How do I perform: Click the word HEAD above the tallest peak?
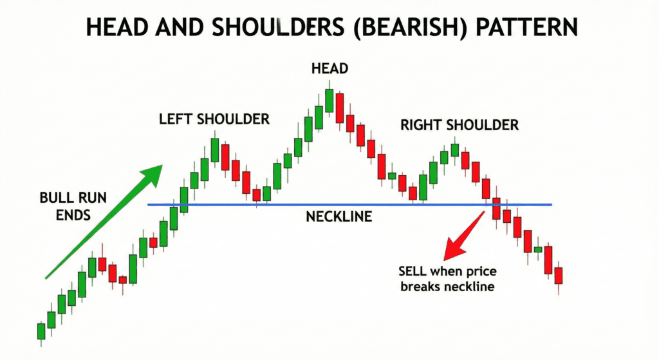[x=329, y=68]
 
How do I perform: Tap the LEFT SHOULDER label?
[x=214, y=119]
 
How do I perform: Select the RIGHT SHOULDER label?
[x=459, y=124]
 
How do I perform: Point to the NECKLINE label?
[x=339, y=217]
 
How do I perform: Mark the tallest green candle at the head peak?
[x=329, y=100]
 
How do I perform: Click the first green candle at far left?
[x=41, y=331]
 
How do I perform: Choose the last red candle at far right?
[x=558, y=276]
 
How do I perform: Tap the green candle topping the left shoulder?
[x=214, y=149]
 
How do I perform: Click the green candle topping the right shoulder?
[x=454, y=150]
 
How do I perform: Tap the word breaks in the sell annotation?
[x=420, y=287]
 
